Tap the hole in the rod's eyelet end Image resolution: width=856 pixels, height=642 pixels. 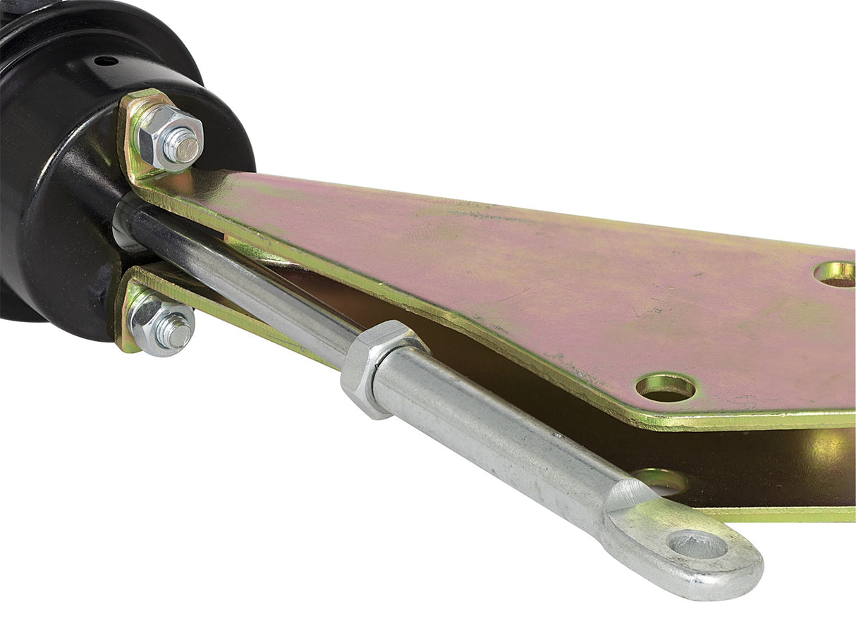(x=697, y=544)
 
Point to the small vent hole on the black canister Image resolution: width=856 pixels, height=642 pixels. (x=106, y=61)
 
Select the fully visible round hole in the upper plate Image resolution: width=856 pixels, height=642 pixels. (x=665, y=387)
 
